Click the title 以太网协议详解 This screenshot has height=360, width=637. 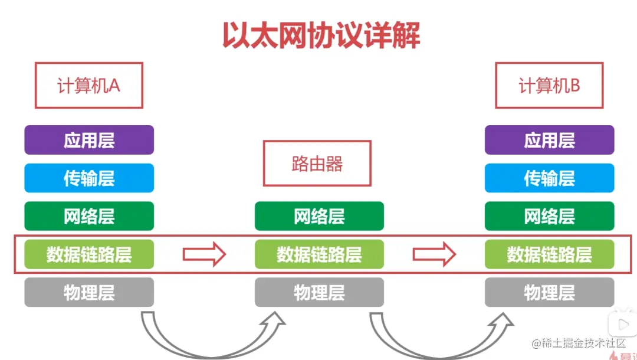tap(321, 35)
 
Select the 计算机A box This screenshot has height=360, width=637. tap(89, 86)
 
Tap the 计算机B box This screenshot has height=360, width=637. tap(549, 86)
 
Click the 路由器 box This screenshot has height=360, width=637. tap(317, 163)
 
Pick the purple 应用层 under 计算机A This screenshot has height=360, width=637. tap(89, 140)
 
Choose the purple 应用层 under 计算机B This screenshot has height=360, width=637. tap(549, 140)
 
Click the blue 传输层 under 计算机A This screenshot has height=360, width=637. tap(89, 178)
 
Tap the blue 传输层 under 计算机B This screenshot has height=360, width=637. tap(549, 178)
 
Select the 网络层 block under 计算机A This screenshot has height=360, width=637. tap(89, 216)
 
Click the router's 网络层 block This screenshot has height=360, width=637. tap(319, 216)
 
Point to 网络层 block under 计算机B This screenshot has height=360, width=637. tap(549, 216)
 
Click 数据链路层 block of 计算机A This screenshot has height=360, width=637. tap(89, 254)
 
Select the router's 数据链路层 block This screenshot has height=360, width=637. tap(319, 254)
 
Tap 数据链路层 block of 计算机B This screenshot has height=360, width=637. tap(549, 254)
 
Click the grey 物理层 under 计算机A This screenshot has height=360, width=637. tap(89, 292)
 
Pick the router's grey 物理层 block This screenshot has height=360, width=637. tap(319, 292)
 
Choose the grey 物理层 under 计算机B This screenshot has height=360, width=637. tap(549, 292)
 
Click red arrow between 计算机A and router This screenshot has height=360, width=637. tap(204, 254)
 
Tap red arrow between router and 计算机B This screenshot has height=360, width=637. tap(434, 254)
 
